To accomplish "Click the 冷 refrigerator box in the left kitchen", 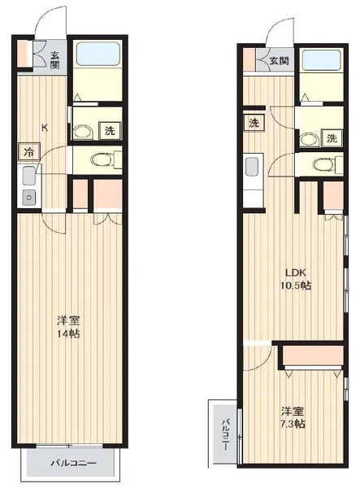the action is pyautogui.click(x=29, y=152).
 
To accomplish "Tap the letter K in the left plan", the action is pyautogui.click(x=45, y=128).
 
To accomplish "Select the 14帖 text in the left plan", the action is pyautogui.click(x=68, y=333).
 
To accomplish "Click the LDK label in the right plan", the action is pyautogui.click(x=296, y=272).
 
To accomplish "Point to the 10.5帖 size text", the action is pyautogui.click(x=296, y=285).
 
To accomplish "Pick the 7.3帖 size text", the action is pyautogui.click(x=293, y=424).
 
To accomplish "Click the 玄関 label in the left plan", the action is pyautogui.click(x=54, y=60).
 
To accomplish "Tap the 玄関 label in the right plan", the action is pyautogui.click(x=280, y=61).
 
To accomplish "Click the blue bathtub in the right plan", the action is pyautogui.click(x=322, y=59).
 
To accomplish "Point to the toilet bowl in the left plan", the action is pyautogui.click(x=102, y=160).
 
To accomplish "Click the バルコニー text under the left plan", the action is pyautogui.click(x=73, y=463).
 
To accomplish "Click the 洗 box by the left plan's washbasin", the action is pyautogui.click(x=110, y=131).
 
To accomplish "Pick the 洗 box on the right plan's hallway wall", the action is pyautogui.click(x=254, y=123).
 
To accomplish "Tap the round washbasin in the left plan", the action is pyautogui.click(x=83, y=132).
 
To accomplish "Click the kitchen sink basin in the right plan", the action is pyautogui.click(x=252, y=167).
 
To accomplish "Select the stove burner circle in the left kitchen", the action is pyautogui.click(x=29, y=198).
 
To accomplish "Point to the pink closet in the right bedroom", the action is pyautogui.click(x=314, y=355).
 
